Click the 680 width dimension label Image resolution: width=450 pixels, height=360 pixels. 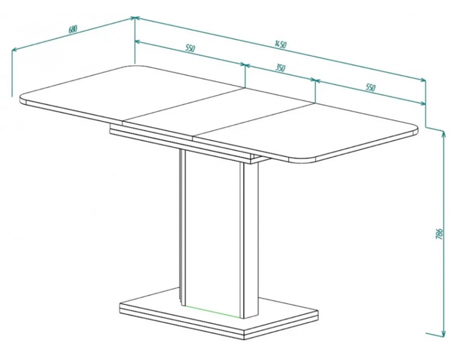pos(73,29)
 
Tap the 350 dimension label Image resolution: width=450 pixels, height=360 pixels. pos(280,68)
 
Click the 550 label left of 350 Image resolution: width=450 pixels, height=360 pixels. pos(190,48)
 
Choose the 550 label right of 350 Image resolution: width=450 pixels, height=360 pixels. pos(370,87)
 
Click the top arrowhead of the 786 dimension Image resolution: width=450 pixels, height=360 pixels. pos(443,133)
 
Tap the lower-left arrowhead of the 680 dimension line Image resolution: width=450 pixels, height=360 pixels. pos(14,50)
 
